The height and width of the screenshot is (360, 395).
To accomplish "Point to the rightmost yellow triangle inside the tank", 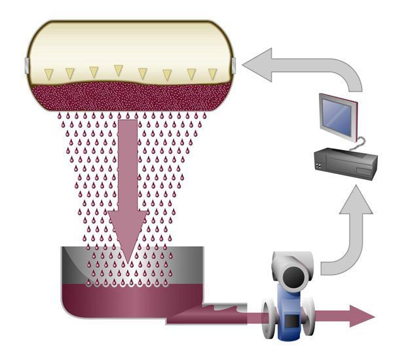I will pos(212,73).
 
